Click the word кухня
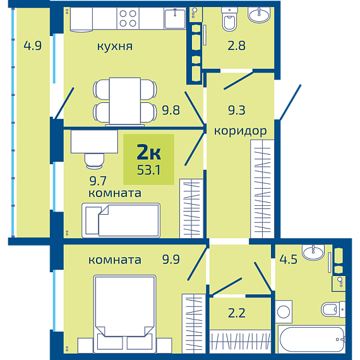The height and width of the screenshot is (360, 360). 115,47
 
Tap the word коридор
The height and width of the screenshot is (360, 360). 241,131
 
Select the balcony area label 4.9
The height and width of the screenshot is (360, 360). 33,45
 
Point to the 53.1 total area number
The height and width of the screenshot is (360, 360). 148,170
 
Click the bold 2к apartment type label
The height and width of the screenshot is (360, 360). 149,152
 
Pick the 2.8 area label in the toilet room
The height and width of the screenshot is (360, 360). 236,45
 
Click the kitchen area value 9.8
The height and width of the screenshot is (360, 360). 171,110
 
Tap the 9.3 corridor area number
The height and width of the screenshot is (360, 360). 236,110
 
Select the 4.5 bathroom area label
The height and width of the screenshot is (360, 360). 288,259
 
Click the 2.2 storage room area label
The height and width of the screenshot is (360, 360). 236,313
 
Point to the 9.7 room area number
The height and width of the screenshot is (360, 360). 98,181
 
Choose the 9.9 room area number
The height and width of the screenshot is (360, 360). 171,259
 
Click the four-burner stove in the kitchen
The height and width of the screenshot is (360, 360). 128,18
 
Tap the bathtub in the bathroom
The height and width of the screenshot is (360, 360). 311,339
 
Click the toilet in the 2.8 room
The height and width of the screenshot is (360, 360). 230,20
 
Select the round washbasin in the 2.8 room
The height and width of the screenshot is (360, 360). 259,15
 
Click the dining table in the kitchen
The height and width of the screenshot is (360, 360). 125,101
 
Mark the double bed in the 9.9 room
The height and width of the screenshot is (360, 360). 124,314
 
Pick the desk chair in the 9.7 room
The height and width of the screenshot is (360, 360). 94,161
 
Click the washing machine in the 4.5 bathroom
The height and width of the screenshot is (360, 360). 284,312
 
